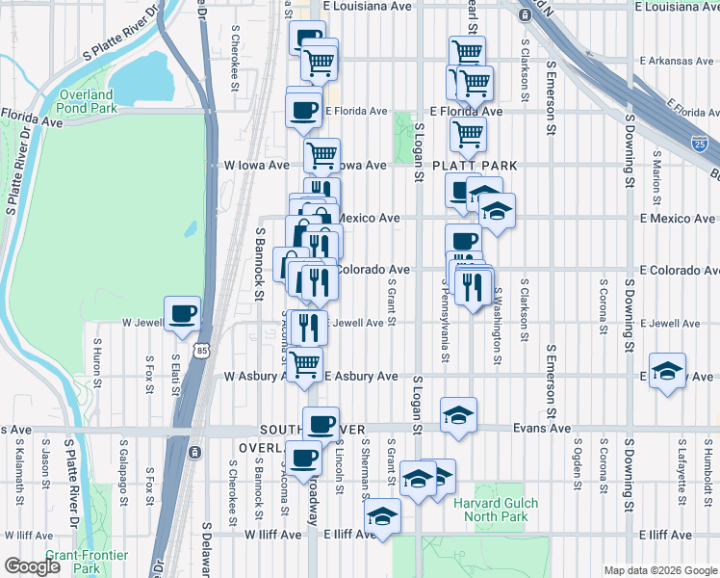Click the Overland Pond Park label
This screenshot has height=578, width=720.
click(85, 102)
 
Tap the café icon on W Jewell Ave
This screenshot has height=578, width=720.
click(182, 314)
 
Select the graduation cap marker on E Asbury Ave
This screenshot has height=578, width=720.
click(667, 371)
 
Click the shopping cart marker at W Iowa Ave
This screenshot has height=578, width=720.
click(321, 154)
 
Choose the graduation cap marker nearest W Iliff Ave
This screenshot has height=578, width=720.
click(382, 516)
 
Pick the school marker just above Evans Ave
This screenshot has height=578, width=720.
click(459, 414)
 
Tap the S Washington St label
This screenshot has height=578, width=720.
click(498, 326)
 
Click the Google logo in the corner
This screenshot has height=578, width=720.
click(32, 566)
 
